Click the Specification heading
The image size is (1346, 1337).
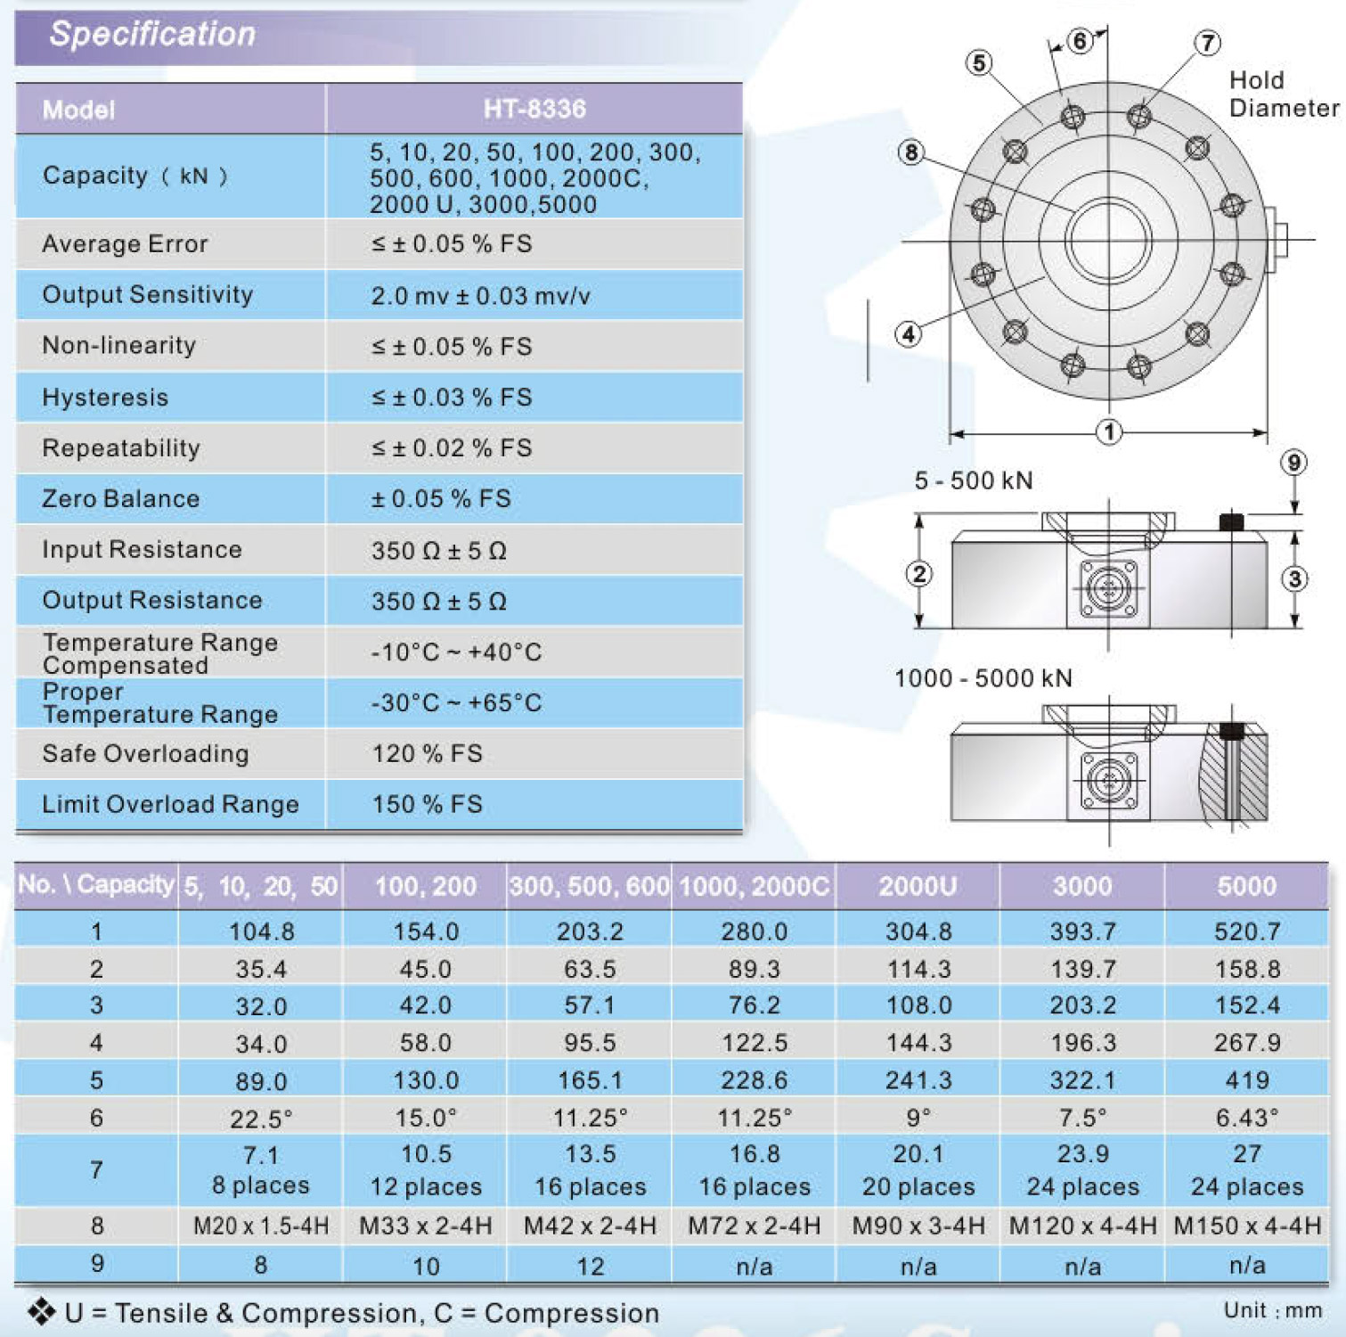pyautogui.click(x=152, y=34)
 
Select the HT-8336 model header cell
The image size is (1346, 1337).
pyautogui.click(x=534, y=109)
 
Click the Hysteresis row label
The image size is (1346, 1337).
pyautogui.click(x=105, y=398)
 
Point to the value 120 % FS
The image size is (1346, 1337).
pyautogui.click(x=427, y=754)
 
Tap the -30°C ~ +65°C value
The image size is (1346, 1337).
pyautogui.click(x=456, y=703)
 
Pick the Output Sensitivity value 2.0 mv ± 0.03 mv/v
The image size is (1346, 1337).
pyautogui.click(x=480, y=296)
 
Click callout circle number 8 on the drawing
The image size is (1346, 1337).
pyautogui.click(x=910, y=152)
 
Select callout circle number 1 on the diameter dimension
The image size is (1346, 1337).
pyautogui.click(x=1108, y=432)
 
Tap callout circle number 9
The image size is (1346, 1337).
pyautogui.click(x=1293, y=463)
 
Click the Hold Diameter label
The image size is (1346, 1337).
pyautogui.click(x=1283, y=94)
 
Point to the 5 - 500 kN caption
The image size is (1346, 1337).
pyautogui.click(x=974, y=481)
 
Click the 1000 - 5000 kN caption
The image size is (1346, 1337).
pyautogui.click(x=983, y=678)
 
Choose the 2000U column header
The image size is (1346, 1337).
pyautogui.click(x=918, y=886)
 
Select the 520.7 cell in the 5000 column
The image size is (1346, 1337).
pyautogui.click(x=1247, y=931)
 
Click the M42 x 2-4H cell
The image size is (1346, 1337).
pyautogui.click(x=590, y=1226)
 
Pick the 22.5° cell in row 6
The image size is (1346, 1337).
pyautogui.click(x=261, y=1118)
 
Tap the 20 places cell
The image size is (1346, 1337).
pyautogui.click(x=918, y=1187)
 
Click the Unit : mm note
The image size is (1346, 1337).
pyautogui.click(x=1272, y=1310)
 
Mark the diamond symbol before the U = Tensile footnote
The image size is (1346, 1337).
pyautogui.click(x=41, y=1311)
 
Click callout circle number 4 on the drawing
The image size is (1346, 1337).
pyautogui.click(x=908, y=335)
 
